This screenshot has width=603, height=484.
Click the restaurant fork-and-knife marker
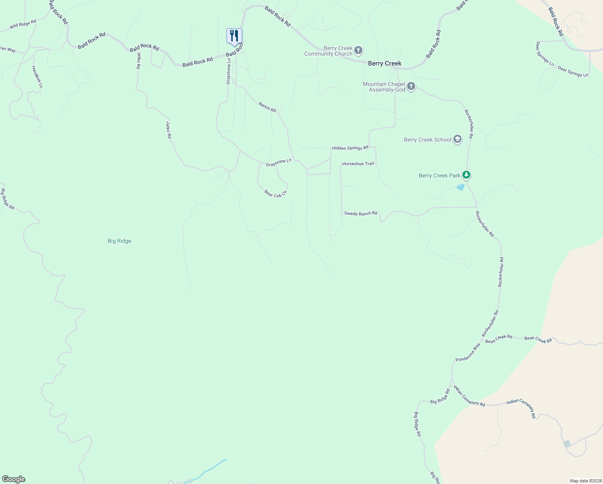click(234, 36)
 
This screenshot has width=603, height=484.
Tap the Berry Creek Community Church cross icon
click(358, 51)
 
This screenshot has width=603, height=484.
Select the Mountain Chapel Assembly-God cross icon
click(411, 86)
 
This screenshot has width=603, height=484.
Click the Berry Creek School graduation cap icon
click(457, 140)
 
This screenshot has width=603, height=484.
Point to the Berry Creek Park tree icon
click(466, 175)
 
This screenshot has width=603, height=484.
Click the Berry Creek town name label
click(385, 63)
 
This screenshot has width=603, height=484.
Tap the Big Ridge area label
click(119, 241)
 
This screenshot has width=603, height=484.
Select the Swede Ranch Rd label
click(361, 213)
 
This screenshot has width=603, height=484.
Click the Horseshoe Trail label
click(358, 164)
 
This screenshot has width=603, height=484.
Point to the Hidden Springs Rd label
click(350, 148)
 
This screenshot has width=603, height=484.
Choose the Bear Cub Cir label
click(275, 193)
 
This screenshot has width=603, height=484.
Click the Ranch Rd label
click(267, 107)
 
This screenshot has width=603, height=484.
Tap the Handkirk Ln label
click(37, 77)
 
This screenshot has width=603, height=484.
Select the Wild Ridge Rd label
click(23, 24)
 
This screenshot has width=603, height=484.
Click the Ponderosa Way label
click(468, 353)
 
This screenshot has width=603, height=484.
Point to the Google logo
click(14, 479)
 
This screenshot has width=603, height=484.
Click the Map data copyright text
click(585, 481)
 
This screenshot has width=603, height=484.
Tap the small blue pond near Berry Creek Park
click(460, 187)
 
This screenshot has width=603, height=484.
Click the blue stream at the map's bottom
click(210, 469)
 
